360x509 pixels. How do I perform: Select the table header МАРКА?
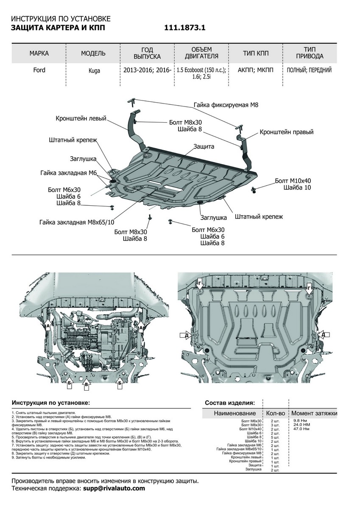[x=39, y=53]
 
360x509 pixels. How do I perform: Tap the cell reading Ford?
[x=39, y=70]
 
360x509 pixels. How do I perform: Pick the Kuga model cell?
[x=95, y=71]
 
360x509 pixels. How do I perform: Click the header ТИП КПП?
[x=256, y=53]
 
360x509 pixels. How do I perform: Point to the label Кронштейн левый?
[x=81, y=119]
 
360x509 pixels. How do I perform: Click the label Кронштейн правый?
[x=286, y=132]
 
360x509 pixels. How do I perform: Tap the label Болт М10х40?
[x=293, y=180]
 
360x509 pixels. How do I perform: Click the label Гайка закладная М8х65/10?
[x=77, y=222]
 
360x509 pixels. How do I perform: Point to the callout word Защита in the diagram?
[x=204, y=146]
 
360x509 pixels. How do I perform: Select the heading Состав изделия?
[x=230, y=403]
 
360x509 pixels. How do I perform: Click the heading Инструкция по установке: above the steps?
[x=51, y=402]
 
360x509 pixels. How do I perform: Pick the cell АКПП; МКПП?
[x=256, y=70]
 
